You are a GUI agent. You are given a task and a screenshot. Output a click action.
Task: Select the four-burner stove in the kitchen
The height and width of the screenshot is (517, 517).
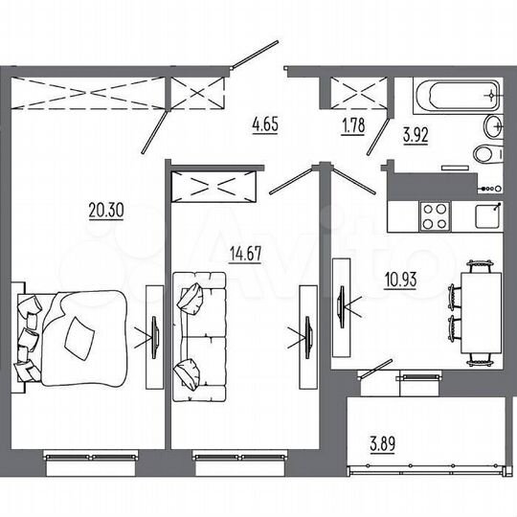coord(435,214)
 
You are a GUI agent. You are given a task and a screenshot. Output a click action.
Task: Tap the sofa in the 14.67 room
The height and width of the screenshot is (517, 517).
coord(199,334)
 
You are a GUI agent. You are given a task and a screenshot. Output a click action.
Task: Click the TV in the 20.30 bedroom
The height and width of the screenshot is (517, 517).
coord(154,335)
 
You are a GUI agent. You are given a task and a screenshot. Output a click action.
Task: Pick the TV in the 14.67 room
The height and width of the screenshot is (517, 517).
coord(307,335)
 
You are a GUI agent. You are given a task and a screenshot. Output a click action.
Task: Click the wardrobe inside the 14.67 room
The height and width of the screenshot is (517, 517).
coord(215,184)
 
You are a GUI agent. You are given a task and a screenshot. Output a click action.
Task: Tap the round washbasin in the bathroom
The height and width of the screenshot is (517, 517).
coord(494,124)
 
